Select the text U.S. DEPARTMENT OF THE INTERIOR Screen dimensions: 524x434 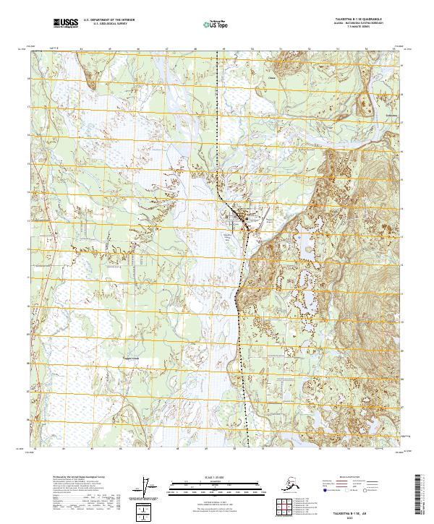[110, 22]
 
